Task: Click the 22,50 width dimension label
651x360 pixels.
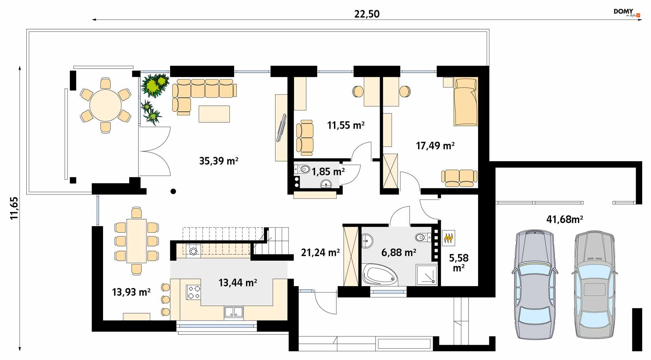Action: click(x=367, y=14)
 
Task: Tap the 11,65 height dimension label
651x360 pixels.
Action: click(x=14, y=208)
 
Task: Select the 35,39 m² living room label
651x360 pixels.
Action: click(x=219, y=161)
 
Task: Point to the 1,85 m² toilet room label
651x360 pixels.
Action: click(x=328, y=171)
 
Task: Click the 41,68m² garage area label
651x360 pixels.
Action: click(x=565, y=220)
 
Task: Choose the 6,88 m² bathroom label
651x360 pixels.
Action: click(x=399, y=252)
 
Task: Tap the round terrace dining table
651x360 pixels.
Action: click(x=105, y=105)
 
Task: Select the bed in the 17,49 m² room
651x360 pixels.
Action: click(x=466, y=101)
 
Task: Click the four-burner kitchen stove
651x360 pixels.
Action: click(x=193, y=292)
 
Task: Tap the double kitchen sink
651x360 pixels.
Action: click(x=234, y=312)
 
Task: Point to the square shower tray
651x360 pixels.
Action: click(x=427, y=274)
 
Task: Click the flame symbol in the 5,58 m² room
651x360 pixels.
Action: click(x=449, y=238)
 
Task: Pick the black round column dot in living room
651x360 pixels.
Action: click(x=173, y=191)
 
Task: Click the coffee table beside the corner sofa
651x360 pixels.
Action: click(x=214, y=114)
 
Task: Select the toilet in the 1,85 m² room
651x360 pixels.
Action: click(x=302, y=169)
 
